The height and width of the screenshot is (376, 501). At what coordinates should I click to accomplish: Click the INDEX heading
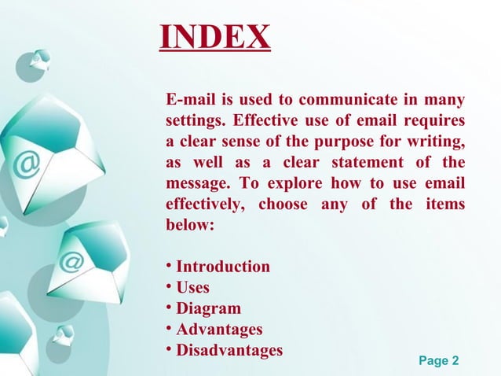(x=214, y=36)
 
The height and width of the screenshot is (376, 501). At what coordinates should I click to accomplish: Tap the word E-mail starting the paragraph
(x=189, y=100)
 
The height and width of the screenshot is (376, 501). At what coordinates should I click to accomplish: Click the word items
(x=443, y=205)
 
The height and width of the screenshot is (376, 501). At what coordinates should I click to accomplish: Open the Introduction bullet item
(x=223, y=267)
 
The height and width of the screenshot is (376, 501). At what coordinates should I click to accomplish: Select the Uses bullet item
(x=193, y=287)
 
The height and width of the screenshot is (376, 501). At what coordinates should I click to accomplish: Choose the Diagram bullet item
(x=208, y=308)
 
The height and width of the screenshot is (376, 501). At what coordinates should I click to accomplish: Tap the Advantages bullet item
(x=219, y=329)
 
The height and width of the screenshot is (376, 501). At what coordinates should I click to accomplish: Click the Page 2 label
(x=439, y=361)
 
